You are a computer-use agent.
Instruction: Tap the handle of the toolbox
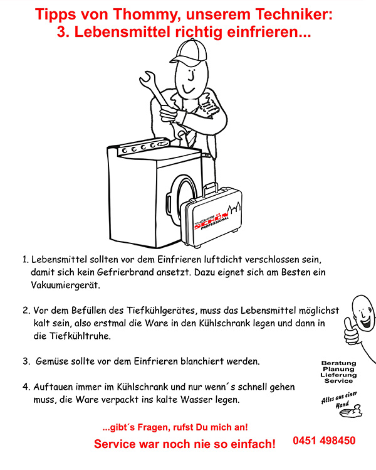(x=209, y=190)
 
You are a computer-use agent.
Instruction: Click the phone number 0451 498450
(x=324, y=441)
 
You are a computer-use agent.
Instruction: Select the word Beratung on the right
(x=338, y=363)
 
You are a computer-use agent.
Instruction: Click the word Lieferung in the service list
(x=338, y=375)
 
